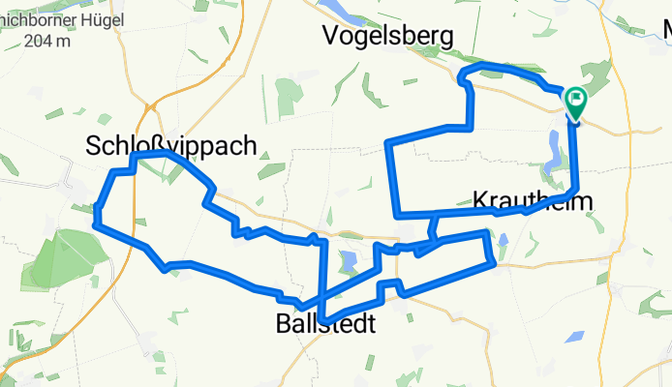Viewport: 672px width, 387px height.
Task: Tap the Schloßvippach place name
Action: (171, 147)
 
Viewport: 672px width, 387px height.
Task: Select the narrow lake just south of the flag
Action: (554, 150)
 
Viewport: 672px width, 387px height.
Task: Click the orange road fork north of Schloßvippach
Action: (152, 104)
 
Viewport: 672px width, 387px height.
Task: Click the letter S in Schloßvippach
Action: (95, 147)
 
